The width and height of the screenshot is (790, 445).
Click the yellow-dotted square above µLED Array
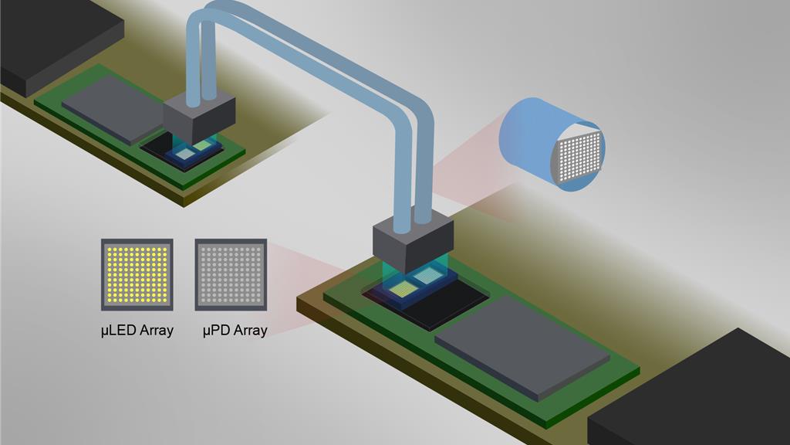click(137, 274)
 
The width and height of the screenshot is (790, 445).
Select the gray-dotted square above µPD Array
click(231, 274)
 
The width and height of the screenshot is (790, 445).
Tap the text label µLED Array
click(137, 331)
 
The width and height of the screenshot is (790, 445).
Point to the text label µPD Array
click(235, 331)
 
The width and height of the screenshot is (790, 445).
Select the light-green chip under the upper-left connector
click(202, 144)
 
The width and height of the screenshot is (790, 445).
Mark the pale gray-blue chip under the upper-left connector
click(186, 153)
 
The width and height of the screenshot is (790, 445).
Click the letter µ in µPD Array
click(207, 331)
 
